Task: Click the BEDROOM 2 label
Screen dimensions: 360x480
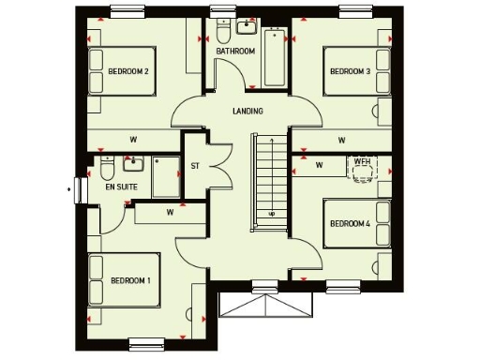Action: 128,71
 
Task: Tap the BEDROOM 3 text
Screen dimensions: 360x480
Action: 348,71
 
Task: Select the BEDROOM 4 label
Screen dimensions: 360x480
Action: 350,223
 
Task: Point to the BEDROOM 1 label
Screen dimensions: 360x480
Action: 130,280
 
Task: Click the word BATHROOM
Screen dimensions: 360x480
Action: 235,52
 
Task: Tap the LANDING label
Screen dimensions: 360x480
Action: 247,112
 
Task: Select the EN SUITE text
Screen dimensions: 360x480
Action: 121,188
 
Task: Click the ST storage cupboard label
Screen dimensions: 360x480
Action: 195,166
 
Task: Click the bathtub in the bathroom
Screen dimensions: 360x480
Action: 276,58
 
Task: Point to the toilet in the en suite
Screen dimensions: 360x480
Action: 107,172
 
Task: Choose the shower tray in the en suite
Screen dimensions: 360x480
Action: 167,176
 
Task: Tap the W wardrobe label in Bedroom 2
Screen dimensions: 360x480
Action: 133,140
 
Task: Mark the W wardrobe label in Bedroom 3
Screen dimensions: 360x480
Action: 341,140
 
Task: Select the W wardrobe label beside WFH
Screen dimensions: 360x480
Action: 319,166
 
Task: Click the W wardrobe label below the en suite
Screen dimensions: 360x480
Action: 170,212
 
